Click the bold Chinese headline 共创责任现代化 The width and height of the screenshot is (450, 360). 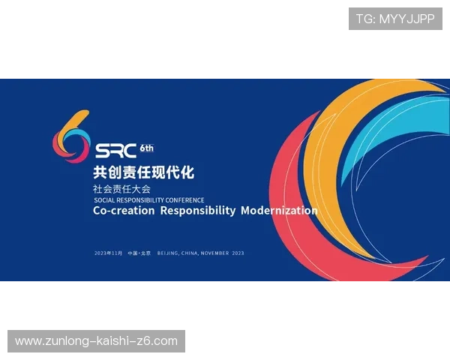click(143, 172)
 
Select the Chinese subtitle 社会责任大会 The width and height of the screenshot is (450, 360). click(121, 189)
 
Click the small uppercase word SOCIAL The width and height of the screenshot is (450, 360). click(105, 200)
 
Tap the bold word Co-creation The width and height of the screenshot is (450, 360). click(124, 211)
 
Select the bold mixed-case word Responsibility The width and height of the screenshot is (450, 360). click(197, 211)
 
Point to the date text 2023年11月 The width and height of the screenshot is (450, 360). click(108, 253)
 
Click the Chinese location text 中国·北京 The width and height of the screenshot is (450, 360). click(139, 253)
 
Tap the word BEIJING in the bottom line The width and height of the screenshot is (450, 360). click(168, 253)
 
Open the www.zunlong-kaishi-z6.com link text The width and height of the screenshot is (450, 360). click(96, 341)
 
